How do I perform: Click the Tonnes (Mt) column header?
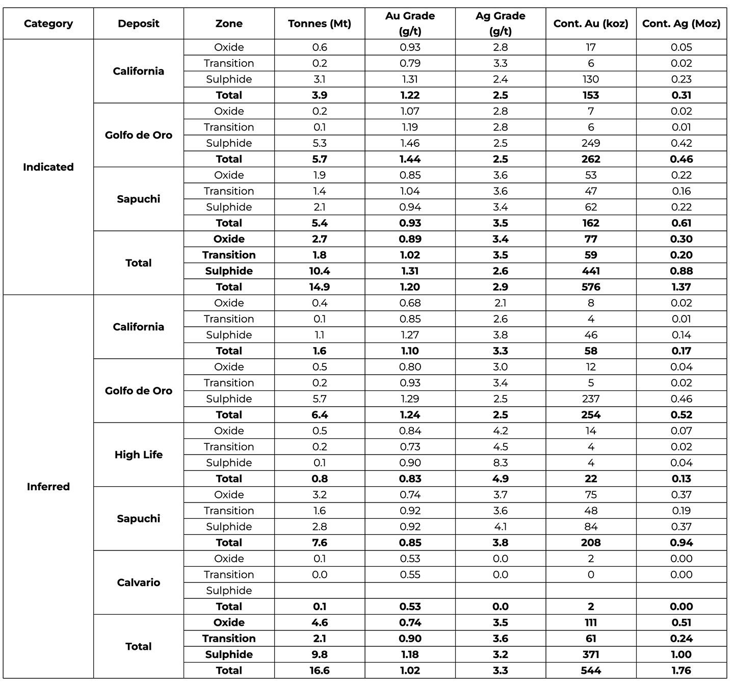[320, 23]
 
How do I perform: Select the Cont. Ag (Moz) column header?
[681, 23]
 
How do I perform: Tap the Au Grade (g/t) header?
[410, 23]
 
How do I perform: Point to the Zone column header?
[229, 23]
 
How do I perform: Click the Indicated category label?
[48, 167]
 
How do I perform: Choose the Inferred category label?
[48, 487]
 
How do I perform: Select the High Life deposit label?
[139, 455]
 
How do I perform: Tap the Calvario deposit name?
[139, 583]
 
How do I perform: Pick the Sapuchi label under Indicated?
[139, 199]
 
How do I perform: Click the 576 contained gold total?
[591, 287]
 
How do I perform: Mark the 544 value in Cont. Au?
[591, 671]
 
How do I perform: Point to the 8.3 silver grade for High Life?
[501, 463]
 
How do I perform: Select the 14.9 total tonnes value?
[320, 287]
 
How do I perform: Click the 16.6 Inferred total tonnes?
[320, 671]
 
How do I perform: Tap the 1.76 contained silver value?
[681, 671]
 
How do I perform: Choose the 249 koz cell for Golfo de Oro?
[591, 143]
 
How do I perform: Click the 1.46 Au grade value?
[410, 143]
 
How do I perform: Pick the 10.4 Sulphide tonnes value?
[320, 271]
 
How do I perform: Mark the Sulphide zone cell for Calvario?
[229, 591]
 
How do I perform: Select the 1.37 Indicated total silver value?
[681, 287]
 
